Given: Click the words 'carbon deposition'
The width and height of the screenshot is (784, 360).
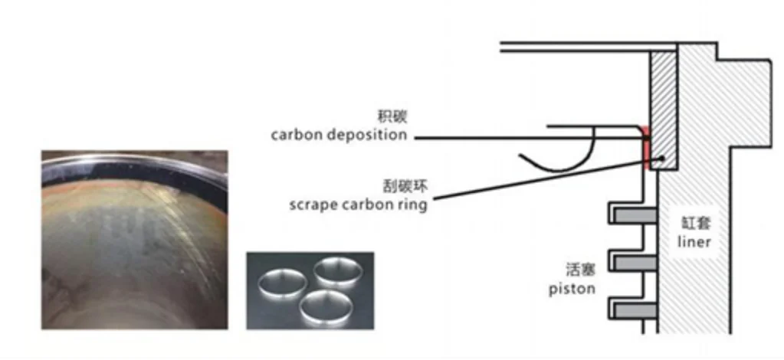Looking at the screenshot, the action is tap(339, 136).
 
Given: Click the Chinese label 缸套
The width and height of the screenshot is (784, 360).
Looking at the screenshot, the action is tap(694, 224).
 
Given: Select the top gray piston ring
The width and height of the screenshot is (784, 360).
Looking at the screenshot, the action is tap(633, 214).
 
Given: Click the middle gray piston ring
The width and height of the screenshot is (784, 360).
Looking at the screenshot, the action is tap(633, 262).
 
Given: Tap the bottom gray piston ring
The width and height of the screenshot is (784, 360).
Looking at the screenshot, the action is tap(633, 309).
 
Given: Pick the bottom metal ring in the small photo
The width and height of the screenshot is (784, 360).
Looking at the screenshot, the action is tap(320, 308).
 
